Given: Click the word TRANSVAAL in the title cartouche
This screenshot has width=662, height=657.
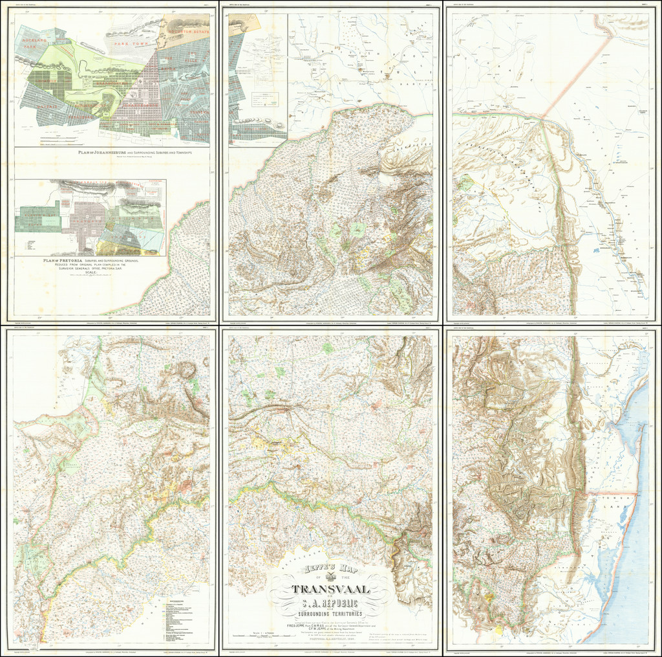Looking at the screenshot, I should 330,589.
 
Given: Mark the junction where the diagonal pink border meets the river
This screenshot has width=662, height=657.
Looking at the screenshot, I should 544,117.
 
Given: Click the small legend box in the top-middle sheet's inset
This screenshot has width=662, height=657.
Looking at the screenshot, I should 264,100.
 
